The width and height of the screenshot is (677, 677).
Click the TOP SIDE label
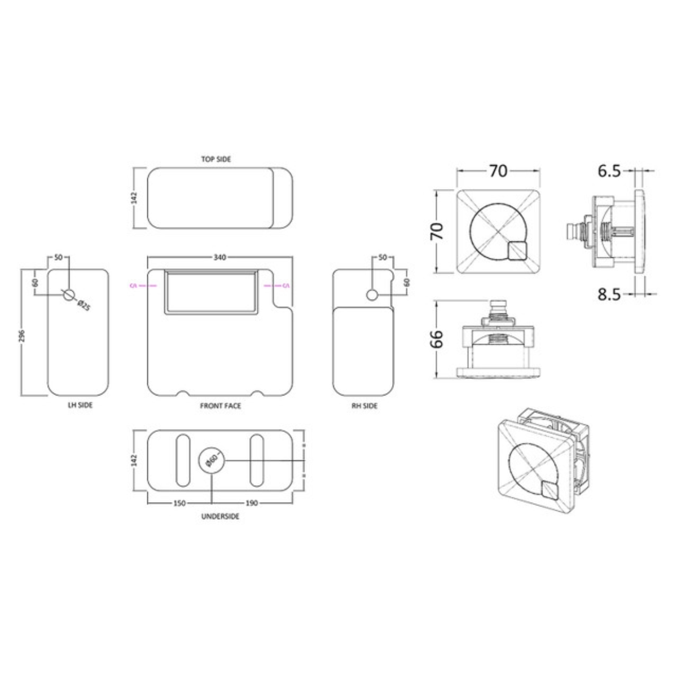(x=216, y=159)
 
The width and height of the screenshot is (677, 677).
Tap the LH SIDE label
(x=78, y=406)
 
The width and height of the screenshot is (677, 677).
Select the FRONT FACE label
(x=220, y=406)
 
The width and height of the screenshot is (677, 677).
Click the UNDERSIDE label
(x=220, y=516)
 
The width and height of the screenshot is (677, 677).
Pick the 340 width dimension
(x=220, y=257)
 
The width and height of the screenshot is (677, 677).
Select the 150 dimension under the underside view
(x=179, y=503)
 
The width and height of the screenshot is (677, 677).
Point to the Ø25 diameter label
(x=83, y=305)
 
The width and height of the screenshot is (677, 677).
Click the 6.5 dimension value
(x=609, y=170)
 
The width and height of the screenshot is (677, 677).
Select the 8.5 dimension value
(x=609, y=294)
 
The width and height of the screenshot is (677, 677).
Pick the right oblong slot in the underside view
(x=257, y=460)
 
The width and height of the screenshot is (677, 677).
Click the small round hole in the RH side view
(x=372, y=294)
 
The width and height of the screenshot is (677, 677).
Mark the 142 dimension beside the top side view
(x=134, y=197)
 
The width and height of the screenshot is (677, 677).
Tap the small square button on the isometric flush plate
(x=549, y=491)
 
